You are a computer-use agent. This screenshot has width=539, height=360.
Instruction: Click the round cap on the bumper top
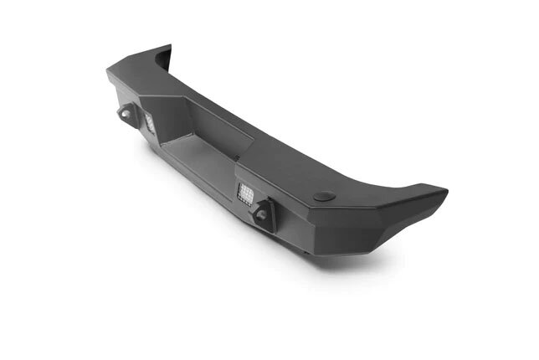pyautogui.click(x=324, y=196)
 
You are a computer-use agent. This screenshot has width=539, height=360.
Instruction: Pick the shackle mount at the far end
pyautogui.click(x=126, y=113)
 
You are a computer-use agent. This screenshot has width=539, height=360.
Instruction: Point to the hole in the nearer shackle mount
pyautogui.click(x=262, y=215)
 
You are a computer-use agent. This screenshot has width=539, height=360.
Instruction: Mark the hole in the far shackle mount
pyautogui.click(x=125, y=114)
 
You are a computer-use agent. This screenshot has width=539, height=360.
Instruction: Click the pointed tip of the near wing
pyautogui.click(x=445, y=192)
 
